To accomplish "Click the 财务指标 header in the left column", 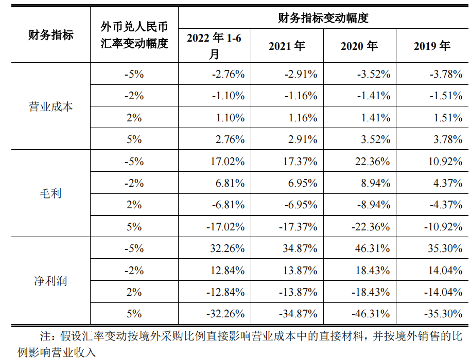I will coord(50,35).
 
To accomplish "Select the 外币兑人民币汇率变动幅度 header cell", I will coord(134,35).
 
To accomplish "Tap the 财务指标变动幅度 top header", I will coord(323,18).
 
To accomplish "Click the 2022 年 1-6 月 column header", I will coord(215,46).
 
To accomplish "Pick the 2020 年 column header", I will coord(359,46).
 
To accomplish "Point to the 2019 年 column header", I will coord(432,46).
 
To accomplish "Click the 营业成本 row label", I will coord(50,106).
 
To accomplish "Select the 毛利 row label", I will coord(50,193).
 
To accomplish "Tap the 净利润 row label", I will coord(50,281).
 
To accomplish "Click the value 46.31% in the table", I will coord(373,248).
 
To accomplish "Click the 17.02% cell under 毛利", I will coord(228,161).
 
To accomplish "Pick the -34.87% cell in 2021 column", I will coord(297,314).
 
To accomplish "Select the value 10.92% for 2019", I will coord(445,161).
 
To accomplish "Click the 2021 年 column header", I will coord(287,46).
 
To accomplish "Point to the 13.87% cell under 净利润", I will coord(300,270).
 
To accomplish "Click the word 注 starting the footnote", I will coord(46,337).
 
